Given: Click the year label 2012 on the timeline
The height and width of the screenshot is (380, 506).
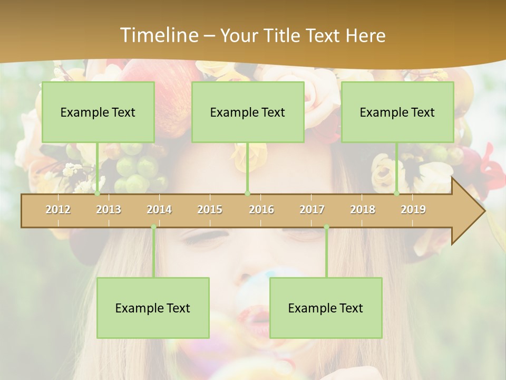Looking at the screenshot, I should pos(58,210).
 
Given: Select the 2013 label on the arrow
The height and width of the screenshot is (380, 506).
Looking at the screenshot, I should pos(109,210).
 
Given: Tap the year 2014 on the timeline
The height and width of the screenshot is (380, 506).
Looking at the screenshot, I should pos(159,210).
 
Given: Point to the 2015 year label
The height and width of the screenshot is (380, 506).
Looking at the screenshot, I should pos(210,210).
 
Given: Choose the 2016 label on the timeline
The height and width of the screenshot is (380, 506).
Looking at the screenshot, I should pos(261,210).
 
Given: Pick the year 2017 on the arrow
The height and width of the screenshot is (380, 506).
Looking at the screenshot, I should pos(312,210).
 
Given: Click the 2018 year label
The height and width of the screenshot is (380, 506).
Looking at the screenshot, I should pos(363,210).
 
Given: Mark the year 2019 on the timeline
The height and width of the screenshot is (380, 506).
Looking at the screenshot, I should pos(413,210).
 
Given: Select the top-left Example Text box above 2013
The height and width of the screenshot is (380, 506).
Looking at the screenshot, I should pos(98,112).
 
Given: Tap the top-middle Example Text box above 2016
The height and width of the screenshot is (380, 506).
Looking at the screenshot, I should pos(248,112).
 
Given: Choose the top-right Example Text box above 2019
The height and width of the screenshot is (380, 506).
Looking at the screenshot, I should pos(397,112).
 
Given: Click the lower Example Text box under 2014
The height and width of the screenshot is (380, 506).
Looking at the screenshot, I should pos(153,308).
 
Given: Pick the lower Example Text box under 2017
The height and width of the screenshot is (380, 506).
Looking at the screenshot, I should pos(326,308).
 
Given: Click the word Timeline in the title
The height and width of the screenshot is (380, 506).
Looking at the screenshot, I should pos(158,35).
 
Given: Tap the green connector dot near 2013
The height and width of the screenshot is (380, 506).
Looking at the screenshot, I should pos(97,194).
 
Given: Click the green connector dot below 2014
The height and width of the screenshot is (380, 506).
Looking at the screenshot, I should pos(153,227).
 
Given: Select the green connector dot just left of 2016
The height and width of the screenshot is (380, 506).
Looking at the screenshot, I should pos(247,194).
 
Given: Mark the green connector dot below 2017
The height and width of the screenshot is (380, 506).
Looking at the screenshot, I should pos(326,227).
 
